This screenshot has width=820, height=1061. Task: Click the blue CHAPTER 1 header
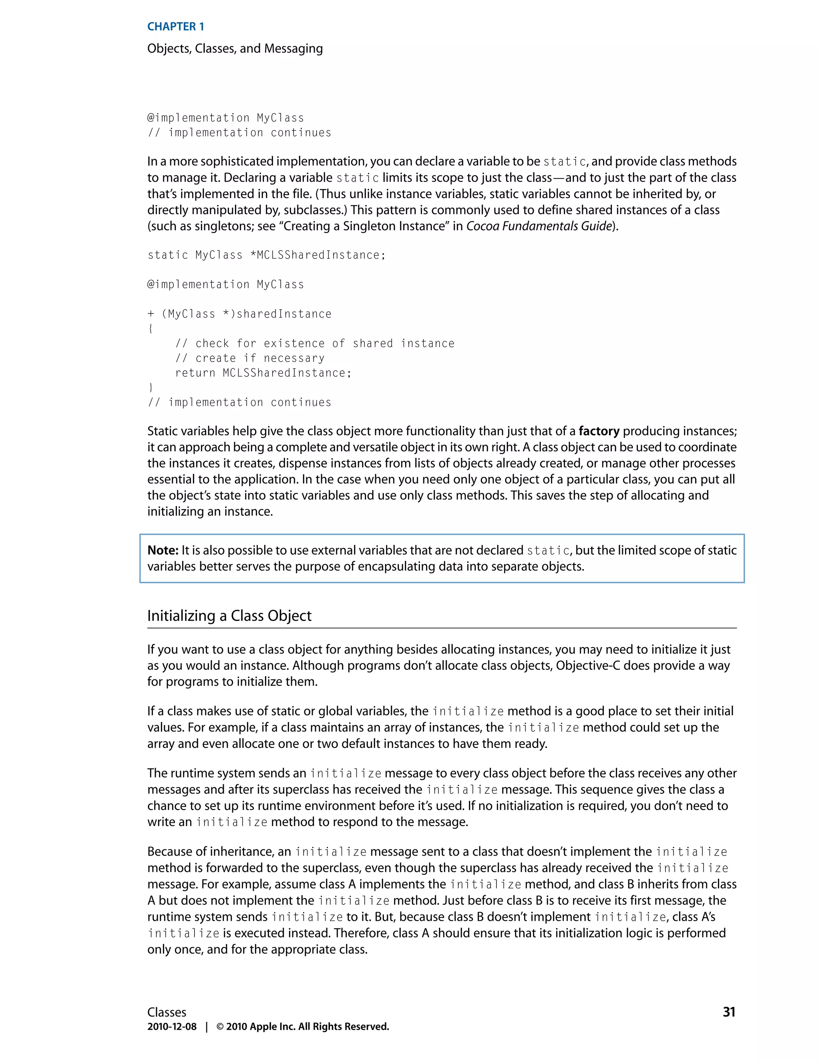175,27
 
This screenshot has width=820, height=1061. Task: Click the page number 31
729,1012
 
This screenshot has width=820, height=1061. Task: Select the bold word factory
599,431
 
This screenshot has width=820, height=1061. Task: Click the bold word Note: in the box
163,551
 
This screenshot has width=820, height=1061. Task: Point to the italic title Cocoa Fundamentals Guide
538,226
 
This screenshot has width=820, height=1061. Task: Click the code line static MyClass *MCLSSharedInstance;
266,255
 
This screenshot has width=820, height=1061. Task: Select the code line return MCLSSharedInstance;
263,373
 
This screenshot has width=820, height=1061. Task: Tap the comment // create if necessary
250,358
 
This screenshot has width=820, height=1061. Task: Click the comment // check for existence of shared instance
315,344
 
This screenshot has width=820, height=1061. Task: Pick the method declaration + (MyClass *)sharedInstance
239,314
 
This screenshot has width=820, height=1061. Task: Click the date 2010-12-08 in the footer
172,1027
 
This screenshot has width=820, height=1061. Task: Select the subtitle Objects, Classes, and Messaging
235,48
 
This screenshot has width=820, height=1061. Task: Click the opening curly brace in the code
151,329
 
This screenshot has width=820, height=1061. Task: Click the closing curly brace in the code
151,388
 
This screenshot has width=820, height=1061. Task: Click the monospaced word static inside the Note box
549,551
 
